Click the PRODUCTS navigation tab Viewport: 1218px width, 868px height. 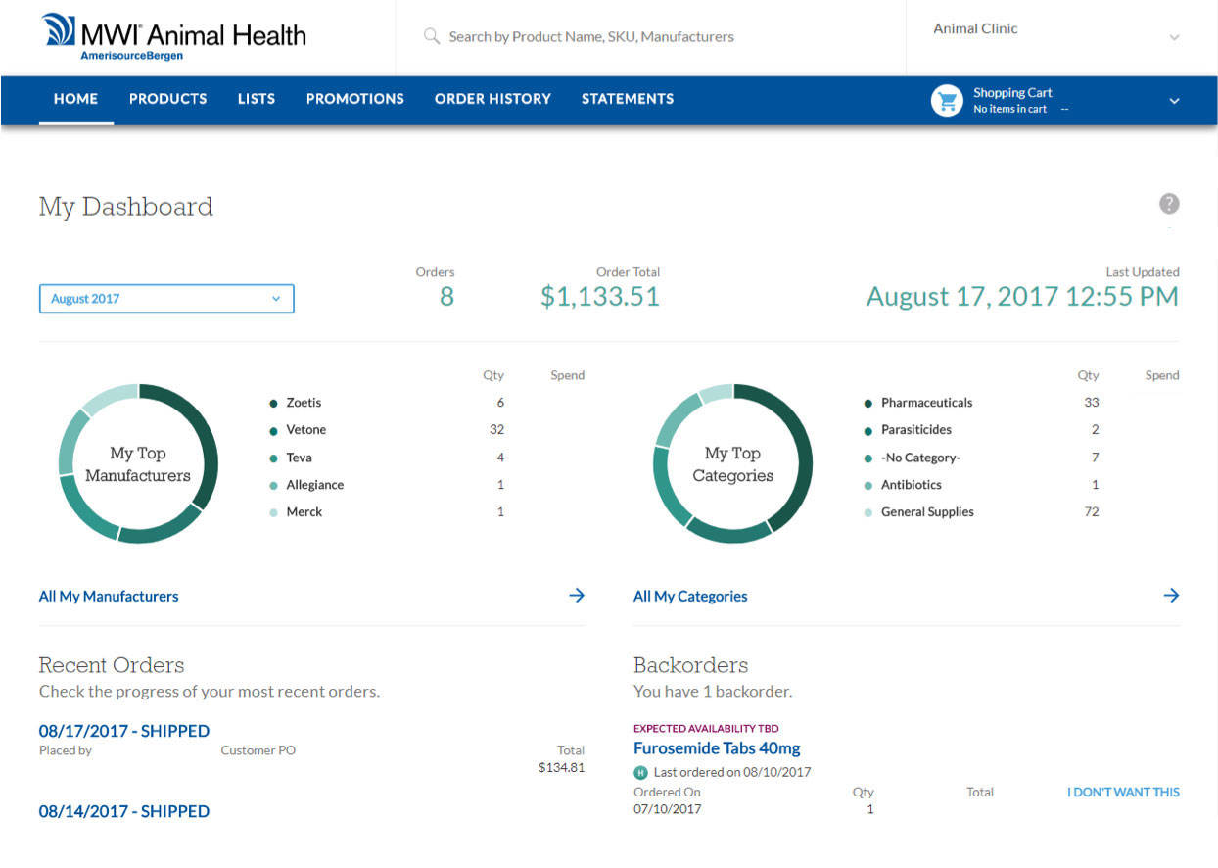pyautogui.click(x=167, y=99)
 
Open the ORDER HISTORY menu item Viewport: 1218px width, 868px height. pyautogui.click(x=492, y=99)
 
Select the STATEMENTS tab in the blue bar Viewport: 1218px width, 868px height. pyautogui.click(x=627, y=99)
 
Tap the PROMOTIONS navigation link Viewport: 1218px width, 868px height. pyautogui.click(x=354, y=99)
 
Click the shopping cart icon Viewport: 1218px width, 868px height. pyautogui.click(x=947, y=100)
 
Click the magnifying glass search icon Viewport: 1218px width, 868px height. pyautogui.click(x=431, y=36)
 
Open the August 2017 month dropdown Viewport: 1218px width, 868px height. pyautogui.click(x=166, y=299)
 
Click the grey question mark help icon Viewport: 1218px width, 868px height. pyautogui.click(x=1169, y=204)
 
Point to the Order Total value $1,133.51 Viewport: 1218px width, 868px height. pyautogui.click(x=599, y=297)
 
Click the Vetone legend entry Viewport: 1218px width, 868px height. pyautogui.click(x=305, y=430)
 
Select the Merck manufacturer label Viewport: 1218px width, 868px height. pyautogui.click(x=304, y=512)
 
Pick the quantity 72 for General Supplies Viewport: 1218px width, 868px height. pyautogui.click(x=1091, y=512)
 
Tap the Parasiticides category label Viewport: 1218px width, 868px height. pyautogui.click(x=915, y=430)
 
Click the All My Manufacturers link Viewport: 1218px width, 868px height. pyautogui.click(x=109, y=596)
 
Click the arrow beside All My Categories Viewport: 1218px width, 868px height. pyautogui.click(x=1171, y=596)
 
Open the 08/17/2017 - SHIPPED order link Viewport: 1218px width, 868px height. pyautogui.click(x=124, y=731)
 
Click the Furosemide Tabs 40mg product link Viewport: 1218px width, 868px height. pyautogui.click(x=717, y=748)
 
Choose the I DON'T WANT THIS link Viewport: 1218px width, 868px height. pyautogui.click(x=1123, y=793)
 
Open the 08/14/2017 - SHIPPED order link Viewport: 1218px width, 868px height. pyautogui.click(x=124, y=811)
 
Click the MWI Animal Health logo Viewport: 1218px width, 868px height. pyautogui.click(x=174, y=37)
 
